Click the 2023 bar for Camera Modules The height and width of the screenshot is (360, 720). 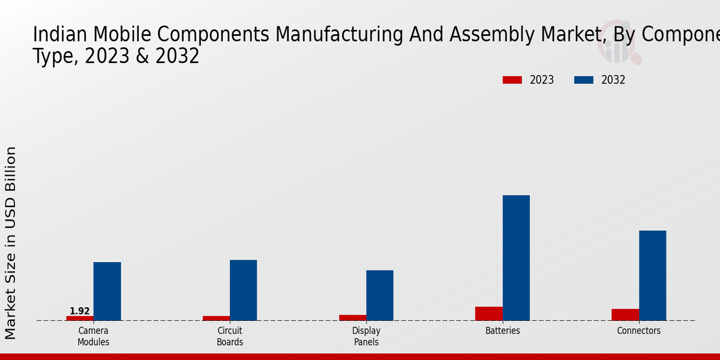[80, 318]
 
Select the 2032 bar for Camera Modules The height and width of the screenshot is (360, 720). [107, 291]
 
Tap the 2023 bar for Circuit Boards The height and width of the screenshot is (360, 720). [216, 318]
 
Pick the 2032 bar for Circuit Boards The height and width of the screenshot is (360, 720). [243, 290]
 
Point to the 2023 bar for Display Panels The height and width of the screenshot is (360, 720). [352, 317]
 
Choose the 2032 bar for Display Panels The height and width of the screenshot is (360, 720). [380, 295]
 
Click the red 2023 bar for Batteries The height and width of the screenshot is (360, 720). [488, 313]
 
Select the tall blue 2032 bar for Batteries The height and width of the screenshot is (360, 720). [516, 257]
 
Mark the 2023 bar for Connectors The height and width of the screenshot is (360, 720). [625, 314]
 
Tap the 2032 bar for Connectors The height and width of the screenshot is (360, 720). [652, 275]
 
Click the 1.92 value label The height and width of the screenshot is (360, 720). [80, 311]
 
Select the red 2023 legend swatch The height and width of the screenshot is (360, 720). [512, 80]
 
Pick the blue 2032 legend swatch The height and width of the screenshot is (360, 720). [583, 80]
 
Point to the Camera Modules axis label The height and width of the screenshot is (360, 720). [94, 336]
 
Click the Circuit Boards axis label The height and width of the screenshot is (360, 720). [230, 336]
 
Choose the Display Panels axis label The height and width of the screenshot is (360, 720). [366, 336]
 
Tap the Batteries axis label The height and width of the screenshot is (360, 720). [503, 331]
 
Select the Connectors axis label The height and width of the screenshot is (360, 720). [639, 331]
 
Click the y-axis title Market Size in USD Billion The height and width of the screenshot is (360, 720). [11, 242]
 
